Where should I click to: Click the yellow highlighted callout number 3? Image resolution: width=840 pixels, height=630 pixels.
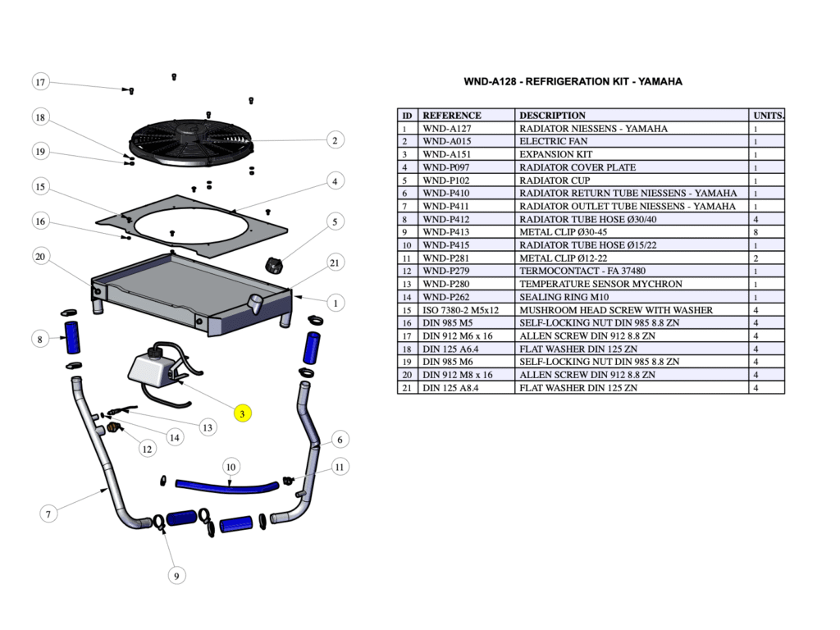(x=243, y=413)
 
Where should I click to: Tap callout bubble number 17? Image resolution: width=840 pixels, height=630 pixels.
(x=40, y=82)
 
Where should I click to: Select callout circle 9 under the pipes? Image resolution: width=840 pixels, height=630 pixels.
(x=177, y=576)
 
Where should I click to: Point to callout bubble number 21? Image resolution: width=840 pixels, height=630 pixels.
(x=335, y=262)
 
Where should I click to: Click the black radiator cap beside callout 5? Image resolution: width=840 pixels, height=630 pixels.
(x=275, y=265)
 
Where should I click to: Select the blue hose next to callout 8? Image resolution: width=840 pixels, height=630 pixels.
(x=72, y=337)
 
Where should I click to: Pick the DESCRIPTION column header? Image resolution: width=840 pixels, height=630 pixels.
(x=552, y=116)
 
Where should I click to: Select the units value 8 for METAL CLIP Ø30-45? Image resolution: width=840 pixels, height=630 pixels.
(x=756, y=232)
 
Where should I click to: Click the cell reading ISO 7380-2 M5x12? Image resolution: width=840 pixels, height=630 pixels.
(x=460, y=310)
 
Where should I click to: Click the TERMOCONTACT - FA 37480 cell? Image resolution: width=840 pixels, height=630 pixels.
(x=582, y=271)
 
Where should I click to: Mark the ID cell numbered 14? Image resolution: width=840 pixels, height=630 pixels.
(x=404, y=297)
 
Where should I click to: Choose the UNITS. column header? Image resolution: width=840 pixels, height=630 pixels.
(x=768, y=116)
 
